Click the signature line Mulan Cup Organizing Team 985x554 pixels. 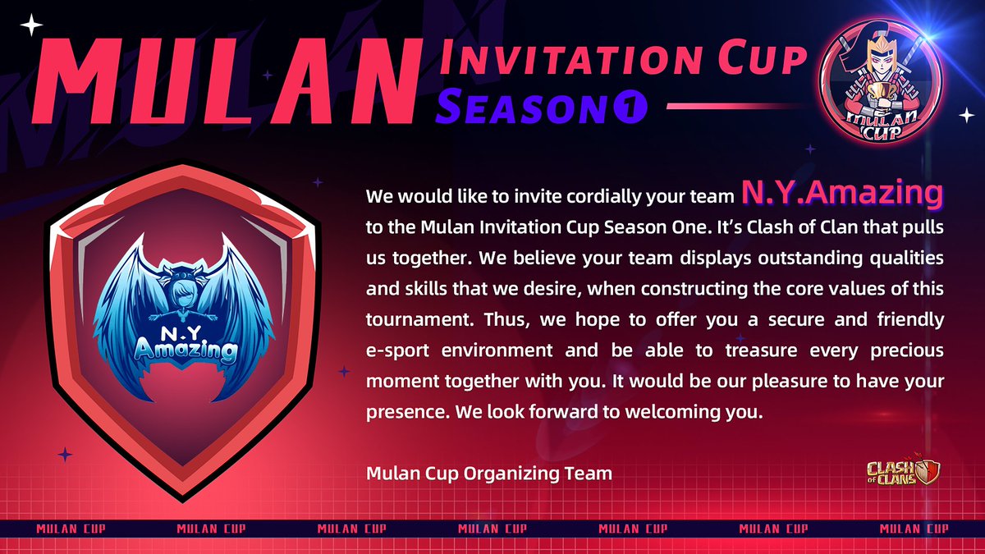click(x=489, y=474)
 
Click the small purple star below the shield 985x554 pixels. click(x=66, y=453)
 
